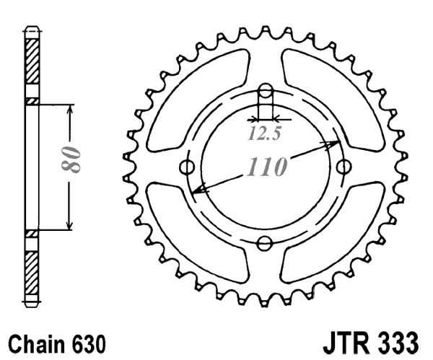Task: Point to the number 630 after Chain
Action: (90, 340)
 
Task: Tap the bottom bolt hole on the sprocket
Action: (265, 242)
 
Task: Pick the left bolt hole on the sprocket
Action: (189, 167)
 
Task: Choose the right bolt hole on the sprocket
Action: (341, 167)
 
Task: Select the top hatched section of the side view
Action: (31, 65)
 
